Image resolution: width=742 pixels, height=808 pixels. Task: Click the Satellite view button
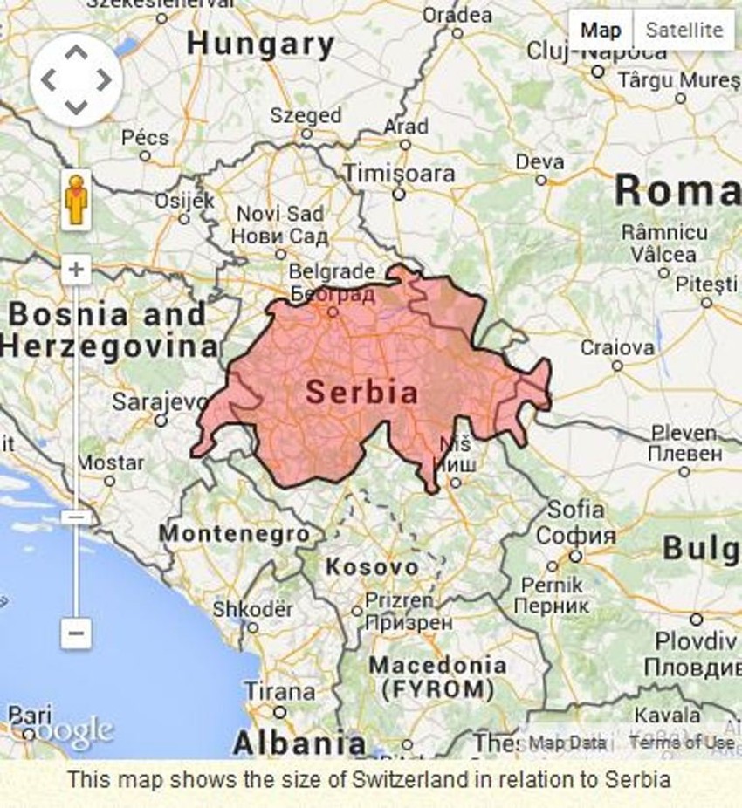684,31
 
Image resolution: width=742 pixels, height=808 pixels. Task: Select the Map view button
601,31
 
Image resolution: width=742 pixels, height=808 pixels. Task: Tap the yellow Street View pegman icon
76,200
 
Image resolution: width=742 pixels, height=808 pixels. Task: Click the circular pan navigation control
76,80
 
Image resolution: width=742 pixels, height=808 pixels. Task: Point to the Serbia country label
361,394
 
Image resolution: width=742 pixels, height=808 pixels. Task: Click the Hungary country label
261,44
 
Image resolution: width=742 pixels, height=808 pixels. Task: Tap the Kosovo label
372,567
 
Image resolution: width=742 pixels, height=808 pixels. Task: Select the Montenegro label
234,533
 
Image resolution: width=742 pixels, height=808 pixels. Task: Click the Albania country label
299,743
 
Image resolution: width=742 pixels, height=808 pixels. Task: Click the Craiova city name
617,347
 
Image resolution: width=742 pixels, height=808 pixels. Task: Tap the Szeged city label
306,115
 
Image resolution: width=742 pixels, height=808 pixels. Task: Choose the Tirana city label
279,691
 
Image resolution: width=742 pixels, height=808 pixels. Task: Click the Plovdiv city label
697,640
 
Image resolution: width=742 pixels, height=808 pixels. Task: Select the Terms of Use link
681,743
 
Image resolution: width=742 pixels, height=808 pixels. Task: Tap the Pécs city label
145,138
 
